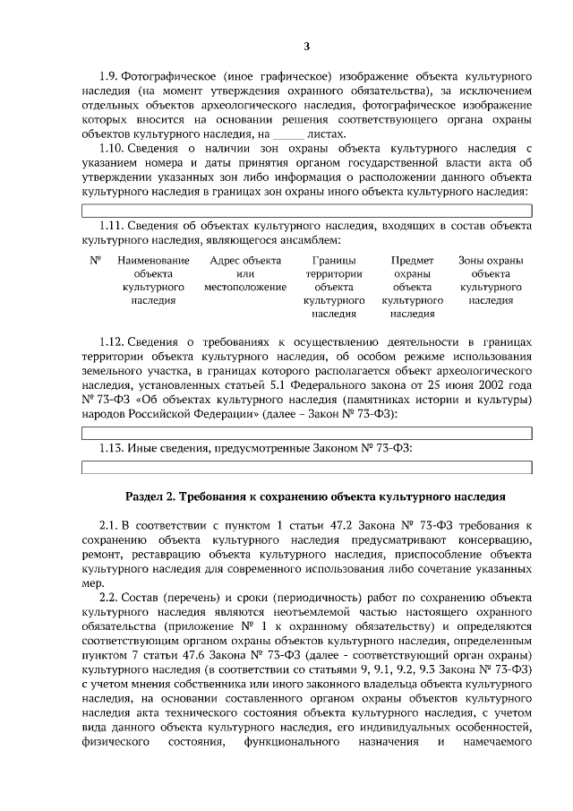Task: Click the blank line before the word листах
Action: (x=288, y=134)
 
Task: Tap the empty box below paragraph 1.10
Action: (x=306, y=211)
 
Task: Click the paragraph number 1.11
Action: (x=111, y=227)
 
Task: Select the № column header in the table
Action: (x=95, y=261)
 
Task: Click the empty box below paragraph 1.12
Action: (x=306, y=432)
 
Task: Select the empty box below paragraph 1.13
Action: (x=306, y=467)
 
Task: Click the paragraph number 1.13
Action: (x=111, y=448)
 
